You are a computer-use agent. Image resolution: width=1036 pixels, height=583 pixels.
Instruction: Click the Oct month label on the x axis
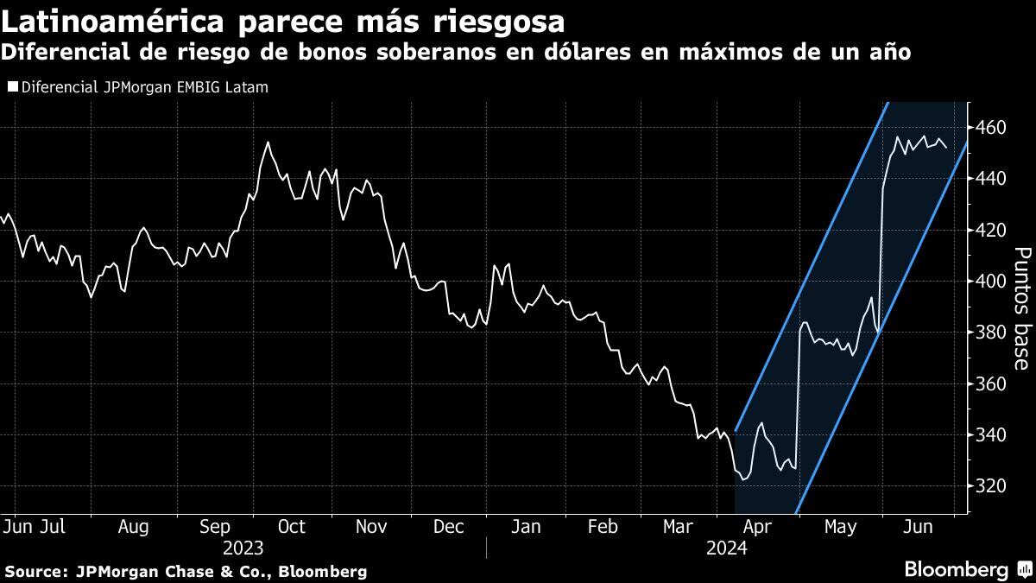(292, 527)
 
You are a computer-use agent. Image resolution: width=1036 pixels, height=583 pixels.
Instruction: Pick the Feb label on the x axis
(602, 527)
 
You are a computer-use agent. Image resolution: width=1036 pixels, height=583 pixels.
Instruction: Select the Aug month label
(133, 527)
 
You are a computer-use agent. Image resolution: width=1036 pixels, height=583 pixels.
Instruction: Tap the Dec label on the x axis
(449, 527)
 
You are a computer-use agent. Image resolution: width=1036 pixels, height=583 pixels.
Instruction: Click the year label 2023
(243, 548)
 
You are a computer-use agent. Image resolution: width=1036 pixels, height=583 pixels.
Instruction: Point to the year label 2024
(727, 548)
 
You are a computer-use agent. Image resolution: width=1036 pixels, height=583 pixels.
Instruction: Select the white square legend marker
(11, 87)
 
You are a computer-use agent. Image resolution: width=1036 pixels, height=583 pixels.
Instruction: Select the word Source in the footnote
(35, 571)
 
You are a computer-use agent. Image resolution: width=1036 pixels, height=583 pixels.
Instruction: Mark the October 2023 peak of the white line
(268, 142)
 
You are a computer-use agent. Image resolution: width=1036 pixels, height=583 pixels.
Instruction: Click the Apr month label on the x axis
(757, 527)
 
